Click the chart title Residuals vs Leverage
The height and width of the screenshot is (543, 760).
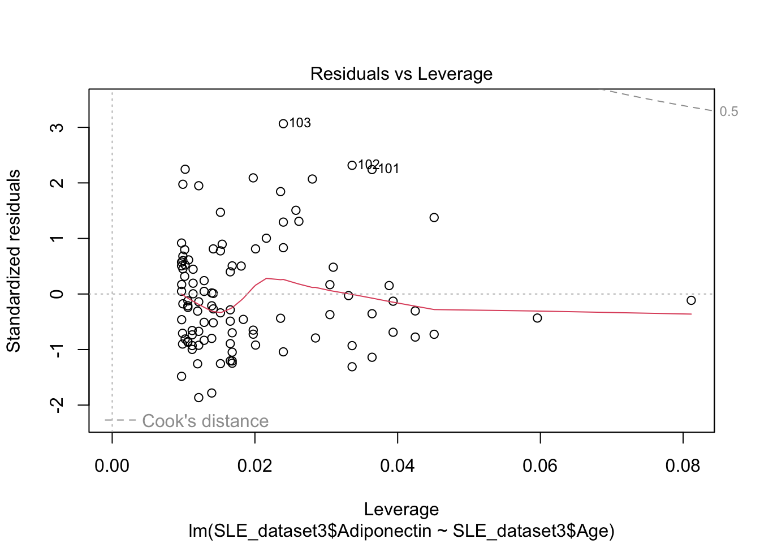point(401,74)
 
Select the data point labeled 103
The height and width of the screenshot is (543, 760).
point(283,124)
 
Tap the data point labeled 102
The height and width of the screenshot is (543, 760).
point(352,165)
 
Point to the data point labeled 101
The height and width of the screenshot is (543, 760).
point(372,169)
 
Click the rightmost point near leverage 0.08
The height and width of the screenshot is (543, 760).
point(691,300)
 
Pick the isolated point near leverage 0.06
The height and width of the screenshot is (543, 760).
point(537,318)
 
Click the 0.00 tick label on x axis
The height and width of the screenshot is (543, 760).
point(112,466)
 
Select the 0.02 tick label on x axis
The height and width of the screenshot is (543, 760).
point(255,466)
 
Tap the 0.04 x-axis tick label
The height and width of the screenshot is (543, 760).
point(398,466)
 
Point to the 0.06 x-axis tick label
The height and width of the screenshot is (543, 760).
point(540,466)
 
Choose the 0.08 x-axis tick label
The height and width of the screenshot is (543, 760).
point(683,466)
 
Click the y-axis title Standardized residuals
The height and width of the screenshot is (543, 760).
point(14,260)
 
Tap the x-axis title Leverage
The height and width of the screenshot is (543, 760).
point(401,510)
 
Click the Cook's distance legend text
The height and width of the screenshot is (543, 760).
point(205,421)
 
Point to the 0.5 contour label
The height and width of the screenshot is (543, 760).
point(729,112)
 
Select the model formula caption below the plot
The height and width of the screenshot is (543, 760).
point(401,531)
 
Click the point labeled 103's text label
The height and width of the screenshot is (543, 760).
point(300,123)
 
